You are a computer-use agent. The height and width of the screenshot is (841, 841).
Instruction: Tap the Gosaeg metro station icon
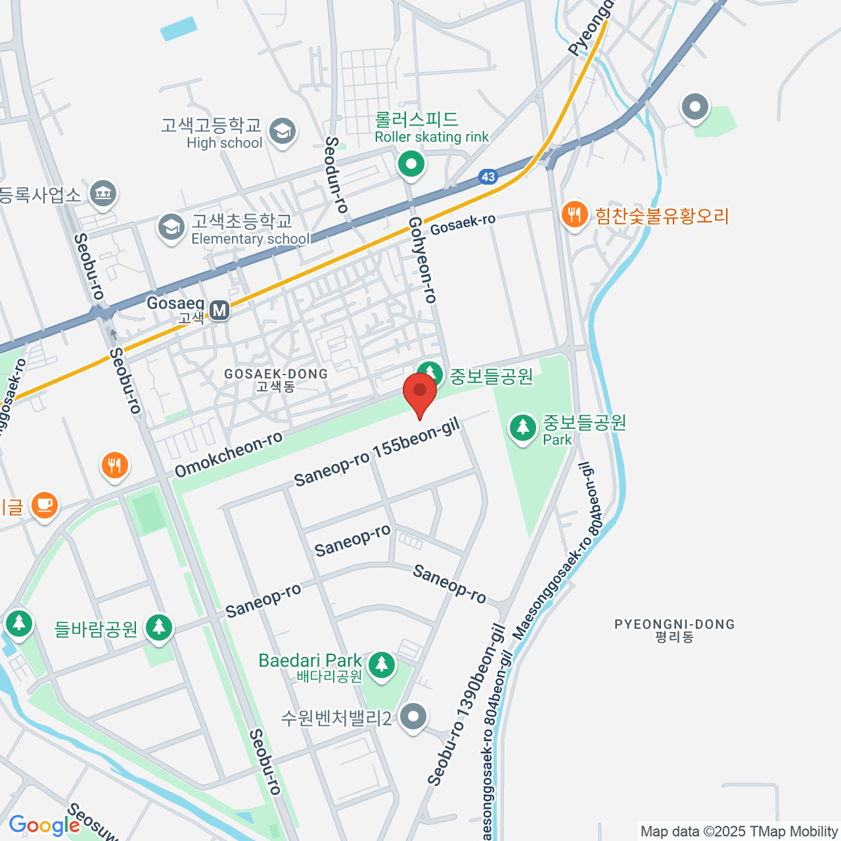click(x=220, y=310)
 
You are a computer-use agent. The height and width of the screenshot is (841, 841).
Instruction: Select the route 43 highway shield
click(x=488, y=177)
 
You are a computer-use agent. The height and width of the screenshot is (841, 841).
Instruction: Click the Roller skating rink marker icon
click(x=411, y=165)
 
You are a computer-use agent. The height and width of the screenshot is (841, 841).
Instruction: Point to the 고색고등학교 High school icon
click(x=282, y=131)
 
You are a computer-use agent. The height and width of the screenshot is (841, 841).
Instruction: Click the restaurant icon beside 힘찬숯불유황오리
click(x=575, y=214)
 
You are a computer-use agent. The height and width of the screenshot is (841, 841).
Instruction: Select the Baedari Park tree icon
click(x=382, y=664)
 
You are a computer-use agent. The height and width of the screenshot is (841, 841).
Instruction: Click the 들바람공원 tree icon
click(x=159, y=627)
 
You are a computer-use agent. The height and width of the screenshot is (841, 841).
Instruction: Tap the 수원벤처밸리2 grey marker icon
click(x=413, y=717)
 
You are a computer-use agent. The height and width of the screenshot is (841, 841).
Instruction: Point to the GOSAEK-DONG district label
click(x=275, y=379)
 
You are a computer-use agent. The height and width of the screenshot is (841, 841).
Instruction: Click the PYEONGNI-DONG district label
click(x=674, y=630)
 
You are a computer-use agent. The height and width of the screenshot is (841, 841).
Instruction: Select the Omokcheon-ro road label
click(x=228, y=454)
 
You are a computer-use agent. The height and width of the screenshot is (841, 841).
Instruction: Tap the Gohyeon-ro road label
click(x=423, y=260)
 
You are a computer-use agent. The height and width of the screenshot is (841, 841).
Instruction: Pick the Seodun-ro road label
click(x=336, y=175)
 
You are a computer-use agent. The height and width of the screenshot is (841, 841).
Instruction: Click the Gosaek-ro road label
click(x=463, y=224)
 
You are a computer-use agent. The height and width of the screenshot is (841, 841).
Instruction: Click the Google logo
click(x=43, y=826)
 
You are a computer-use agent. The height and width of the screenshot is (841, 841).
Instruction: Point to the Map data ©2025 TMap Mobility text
click(x=739, y=832)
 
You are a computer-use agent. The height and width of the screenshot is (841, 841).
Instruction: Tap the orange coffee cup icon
click(x=45, y=505)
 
